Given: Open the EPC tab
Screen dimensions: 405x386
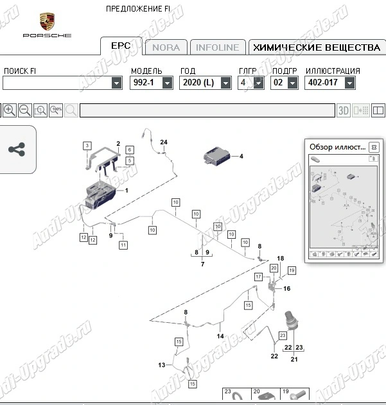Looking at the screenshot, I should click(121, 46).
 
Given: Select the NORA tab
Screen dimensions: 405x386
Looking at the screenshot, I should click(166, 47).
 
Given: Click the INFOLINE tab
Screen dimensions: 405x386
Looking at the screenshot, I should click(217, 47).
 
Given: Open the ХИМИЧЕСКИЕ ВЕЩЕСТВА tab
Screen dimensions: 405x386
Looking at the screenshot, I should click(317, 47).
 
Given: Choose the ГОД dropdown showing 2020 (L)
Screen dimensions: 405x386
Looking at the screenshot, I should click(206, 83).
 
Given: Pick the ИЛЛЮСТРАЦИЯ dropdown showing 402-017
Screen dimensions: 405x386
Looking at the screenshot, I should click(330, 83).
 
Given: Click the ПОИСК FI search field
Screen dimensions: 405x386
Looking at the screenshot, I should click(62, 83).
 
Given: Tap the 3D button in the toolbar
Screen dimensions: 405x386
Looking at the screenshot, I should click(344, 110).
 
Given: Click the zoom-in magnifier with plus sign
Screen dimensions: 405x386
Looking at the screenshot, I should click(10, 110).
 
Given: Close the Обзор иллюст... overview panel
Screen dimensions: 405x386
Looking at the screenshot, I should click(374, 147).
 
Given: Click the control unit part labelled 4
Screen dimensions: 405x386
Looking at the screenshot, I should click(218, 155).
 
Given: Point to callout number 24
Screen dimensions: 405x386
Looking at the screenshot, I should click(163, 141).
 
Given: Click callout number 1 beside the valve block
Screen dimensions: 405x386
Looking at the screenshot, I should click(127, 191).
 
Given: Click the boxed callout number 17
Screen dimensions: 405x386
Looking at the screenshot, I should click(258, 276).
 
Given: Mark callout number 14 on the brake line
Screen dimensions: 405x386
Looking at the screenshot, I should click(220, 336).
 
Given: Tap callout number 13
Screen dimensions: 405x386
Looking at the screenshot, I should click(162, 365).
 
